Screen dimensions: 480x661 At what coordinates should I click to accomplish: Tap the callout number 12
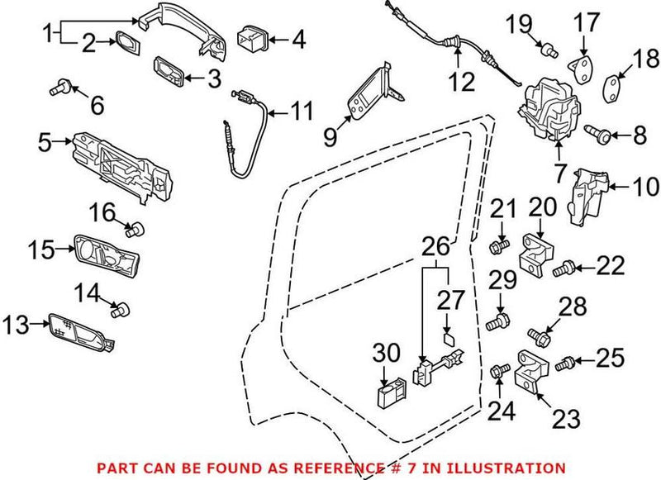[463, 81]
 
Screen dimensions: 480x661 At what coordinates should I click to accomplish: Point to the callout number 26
[436, 246]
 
